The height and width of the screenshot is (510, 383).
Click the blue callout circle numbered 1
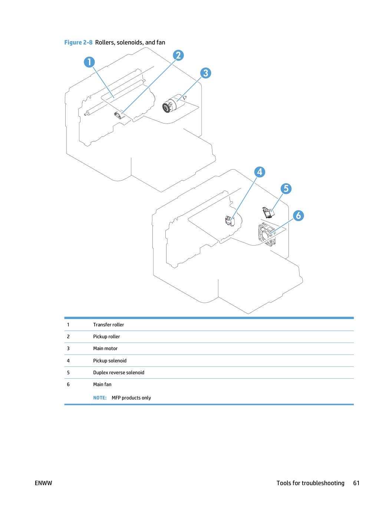coord(89,62)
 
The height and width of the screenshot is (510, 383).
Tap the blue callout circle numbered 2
coord(178,55)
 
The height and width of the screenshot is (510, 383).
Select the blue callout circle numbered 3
coord(205,73)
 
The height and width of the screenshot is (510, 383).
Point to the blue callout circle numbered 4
coord(260,172)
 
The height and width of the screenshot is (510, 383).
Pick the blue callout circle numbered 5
coord(286,188)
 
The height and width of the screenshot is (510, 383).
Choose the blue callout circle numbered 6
coord(298,215)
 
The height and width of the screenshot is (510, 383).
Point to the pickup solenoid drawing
coord(230,221)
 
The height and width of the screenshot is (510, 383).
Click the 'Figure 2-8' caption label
coord(78,42)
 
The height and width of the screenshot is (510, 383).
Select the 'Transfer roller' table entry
coord(109,325)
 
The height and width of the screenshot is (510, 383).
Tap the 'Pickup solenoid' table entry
coord(110,361)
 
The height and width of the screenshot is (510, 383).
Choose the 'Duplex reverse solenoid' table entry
coord(119,372)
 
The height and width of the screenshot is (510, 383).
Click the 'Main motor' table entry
coord(105,348)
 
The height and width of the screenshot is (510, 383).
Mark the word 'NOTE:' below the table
coord(100,398)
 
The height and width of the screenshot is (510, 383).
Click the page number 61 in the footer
coord(356,483)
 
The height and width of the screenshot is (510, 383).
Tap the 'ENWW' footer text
coord(43,483)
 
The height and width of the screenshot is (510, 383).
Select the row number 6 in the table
coord(68,384)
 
